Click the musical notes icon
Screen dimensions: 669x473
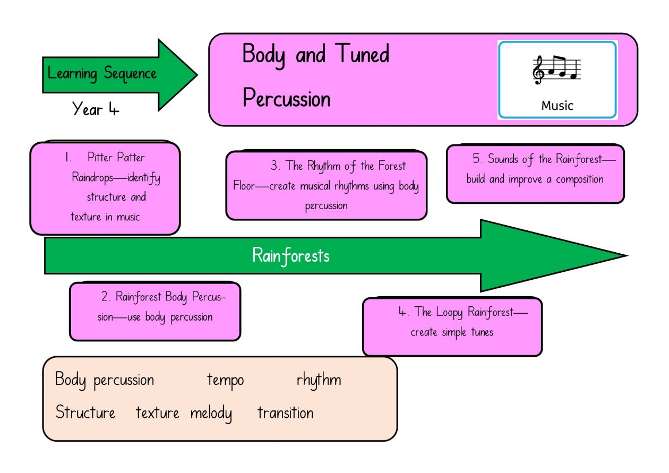coord(557,70)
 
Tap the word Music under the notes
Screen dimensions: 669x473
coord(557,106)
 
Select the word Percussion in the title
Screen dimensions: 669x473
coord(286,98)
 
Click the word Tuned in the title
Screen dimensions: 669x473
coord(362,54)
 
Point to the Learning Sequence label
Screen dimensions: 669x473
coord(102,73)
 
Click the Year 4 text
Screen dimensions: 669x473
coord(96,109)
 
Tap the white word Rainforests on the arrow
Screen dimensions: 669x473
coord(291,256)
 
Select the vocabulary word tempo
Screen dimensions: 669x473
coord(226,381)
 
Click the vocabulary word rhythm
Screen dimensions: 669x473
coord(319,380)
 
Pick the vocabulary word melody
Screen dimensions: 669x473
coord(211,414)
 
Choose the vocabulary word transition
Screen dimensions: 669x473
coord(286,413)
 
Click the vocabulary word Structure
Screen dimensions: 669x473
coord(85,412)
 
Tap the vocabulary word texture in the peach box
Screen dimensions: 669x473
coord(157,413)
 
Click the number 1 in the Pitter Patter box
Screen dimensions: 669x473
coord(67,157)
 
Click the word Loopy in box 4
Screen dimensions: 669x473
coord(449,312)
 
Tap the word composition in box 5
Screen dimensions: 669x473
coord(579,179)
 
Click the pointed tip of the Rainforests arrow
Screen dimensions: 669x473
coord(627,256)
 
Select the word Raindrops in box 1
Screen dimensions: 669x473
coord(92,177)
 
